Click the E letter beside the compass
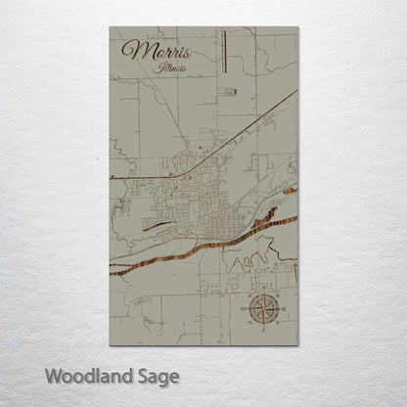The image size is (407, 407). (x=284, y=309)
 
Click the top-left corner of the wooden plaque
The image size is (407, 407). (x=111, y=26)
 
